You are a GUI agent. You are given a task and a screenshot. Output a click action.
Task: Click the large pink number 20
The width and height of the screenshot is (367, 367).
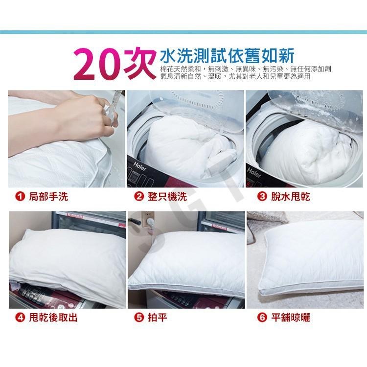click(98, 65)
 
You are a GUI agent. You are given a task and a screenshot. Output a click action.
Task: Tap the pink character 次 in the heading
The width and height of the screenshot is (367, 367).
click(139, 64)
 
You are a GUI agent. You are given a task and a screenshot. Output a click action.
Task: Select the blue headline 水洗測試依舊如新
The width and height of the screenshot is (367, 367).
click(227, 56)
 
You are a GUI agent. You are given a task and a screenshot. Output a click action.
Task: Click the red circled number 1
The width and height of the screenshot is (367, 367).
click(20, 196)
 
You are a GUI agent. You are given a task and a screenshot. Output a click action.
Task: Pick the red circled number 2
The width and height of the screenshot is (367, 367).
click(139, 196)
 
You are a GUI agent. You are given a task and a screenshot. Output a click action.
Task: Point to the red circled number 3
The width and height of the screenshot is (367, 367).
click(262, 196)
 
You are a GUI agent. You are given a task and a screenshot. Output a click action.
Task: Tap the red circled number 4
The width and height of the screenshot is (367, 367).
click(20, 318)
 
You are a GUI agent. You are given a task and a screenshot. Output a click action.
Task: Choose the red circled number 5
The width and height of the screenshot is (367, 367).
click(139, 318)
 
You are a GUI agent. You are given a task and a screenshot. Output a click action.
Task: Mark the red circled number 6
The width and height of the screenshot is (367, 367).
click(262, 318)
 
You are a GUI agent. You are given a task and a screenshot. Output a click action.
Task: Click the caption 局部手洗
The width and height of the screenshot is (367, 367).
click(48, 196)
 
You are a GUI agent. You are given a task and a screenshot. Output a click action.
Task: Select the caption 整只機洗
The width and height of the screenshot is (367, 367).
click(167, 196)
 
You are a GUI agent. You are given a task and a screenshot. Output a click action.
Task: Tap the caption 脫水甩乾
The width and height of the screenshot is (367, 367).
click(291, 196)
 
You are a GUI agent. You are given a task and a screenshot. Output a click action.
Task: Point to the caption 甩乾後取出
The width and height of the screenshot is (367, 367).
click(53, 318)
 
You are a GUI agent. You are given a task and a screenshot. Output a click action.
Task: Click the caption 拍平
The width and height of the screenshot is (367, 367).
click(158, 318)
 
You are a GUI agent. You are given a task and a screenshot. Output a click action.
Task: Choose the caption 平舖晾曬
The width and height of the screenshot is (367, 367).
click(291, 318)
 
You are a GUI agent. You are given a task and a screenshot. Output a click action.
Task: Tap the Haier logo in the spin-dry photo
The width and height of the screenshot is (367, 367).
click(254, 172)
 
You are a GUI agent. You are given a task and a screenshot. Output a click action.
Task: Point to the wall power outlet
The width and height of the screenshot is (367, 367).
click(147, 219)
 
